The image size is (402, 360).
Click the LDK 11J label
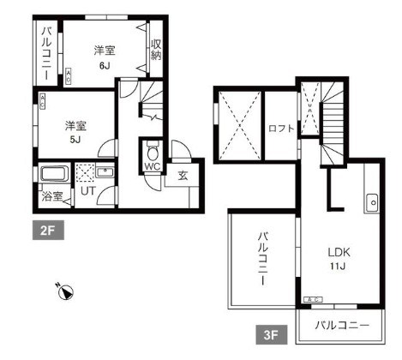(336, 259)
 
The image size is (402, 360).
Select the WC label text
(153, 167)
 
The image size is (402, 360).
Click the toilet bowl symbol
(153, 147)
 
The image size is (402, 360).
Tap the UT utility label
(88, 191)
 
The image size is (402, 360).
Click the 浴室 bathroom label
(52, 196)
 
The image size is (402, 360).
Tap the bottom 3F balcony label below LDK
(341, 326)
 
